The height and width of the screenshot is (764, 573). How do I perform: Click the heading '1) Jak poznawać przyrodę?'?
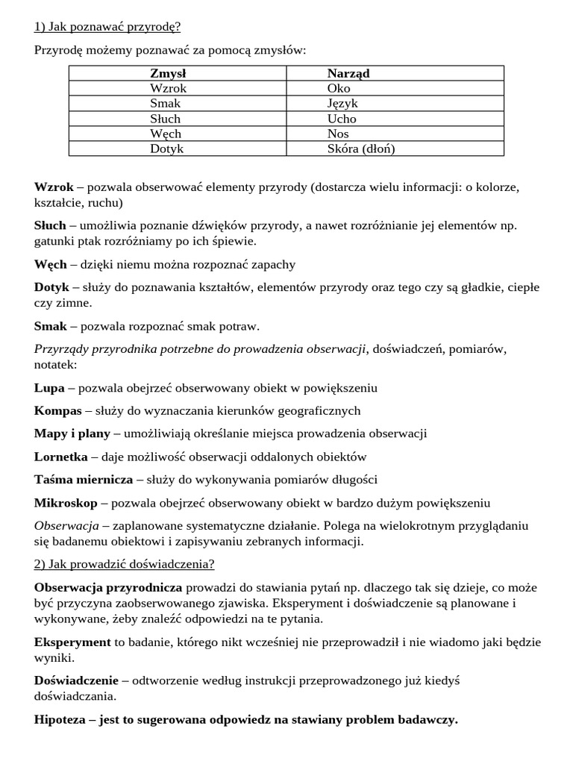(x=107, y=28)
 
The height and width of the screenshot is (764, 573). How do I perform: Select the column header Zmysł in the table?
(x=168, y=73)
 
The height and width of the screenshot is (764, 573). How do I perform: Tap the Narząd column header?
(x=348, y=73)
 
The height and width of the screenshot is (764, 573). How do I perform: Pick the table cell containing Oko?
(x=339, y=88)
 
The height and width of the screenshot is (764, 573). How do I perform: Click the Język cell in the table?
(x=342, y=104)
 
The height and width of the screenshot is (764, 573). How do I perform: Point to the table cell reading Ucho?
(x=342, y=119)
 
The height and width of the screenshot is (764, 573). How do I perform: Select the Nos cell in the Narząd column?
(x=338, y=134)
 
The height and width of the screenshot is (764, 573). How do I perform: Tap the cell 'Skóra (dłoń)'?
(x=361, y=148)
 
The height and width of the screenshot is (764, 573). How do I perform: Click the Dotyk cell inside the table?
(x=166, y=148)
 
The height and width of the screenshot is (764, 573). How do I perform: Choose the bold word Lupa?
(x=50, y=388)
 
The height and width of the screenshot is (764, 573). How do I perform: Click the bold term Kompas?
(x=58, y=410)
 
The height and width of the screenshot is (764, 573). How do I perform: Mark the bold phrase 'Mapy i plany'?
(x=72, y=433)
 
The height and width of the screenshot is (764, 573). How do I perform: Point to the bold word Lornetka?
(x=61, y=457)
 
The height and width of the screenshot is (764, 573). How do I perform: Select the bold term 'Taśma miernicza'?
(x=84, y=479)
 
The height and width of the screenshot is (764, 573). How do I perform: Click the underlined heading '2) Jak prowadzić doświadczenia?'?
(x=124, y=563)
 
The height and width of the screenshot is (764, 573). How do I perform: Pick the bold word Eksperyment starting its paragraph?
(x=72, y=642)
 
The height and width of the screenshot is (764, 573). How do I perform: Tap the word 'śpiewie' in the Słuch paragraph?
(x=235, y=241)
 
